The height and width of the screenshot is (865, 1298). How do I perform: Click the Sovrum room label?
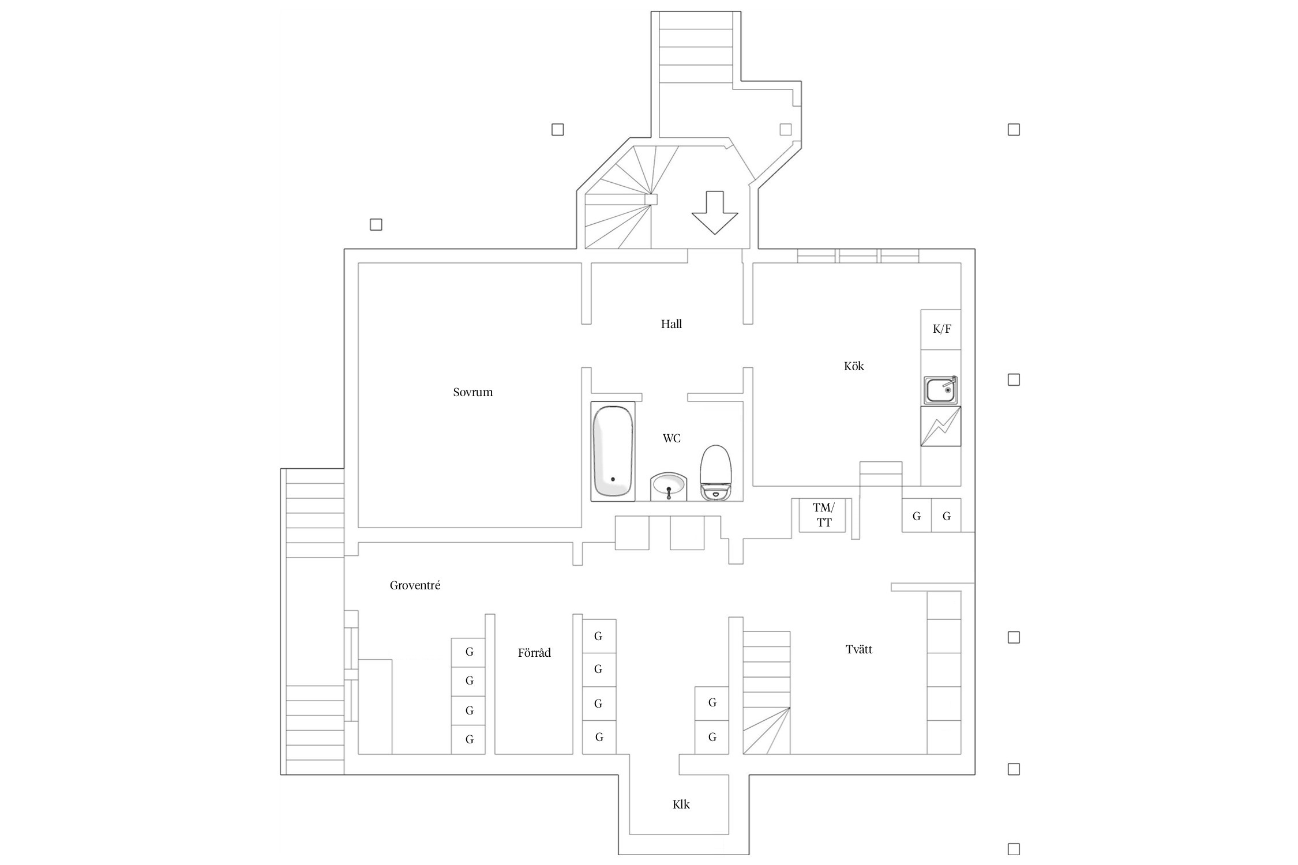coord(472,393)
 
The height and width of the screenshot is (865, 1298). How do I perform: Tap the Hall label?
coord(671,324)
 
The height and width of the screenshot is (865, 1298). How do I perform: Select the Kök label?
coord(854,366)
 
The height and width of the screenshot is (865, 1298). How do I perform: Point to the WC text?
coord(671,439)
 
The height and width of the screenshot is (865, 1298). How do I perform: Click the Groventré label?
coord(415,585)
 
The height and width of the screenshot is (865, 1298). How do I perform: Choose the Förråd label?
coord(534,653)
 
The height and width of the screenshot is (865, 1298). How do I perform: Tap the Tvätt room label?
coord(859,649)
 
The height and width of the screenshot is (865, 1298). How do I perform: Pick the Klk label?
coord(681,804)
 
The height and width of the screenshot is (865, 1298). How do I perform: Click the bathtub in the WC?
coord(613,452)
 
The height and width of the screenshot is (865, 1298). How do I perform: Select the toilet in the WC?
coord(716,472)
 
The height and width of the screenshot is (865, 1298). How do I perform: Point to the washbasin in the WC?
coord(669,487)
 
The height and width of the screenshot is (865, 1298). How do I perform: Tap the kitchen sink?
coord(941,390)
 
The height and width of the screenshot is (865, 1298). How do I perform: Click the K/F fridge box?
coord(941,329)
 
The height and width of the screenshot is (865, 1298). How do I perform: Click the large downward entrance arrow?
coord(715,212)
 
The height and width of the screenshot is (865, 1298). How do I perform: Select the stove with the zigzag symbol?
coord(941,426)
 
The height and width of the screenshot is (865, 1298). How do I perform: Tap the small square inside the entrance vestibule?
coord(785,130)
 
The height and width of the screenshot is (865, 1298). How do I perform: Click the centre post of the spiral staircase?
coord(651,200)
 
